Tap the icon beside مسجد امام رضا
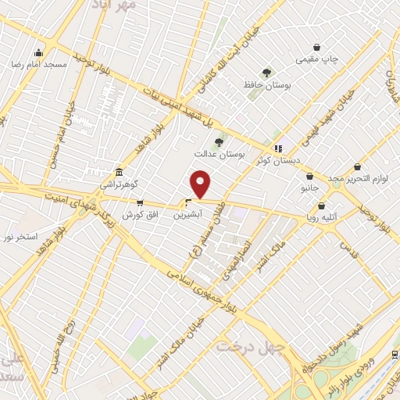coord(38,53)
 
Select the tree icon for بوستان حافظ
coord(266,72)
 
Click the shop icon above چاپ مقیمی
coord(317,48)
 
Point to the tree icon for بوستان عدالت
coord(219,142)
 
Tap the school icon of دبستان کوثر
coord(277,148)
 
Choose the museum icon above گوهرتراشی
coord(118,172)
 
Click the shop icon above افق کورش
coord(140,203)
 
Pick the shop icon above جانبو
coord(310,177)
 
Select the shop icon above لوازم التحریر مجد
coord(357,167)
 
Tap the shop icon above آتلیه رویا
coord(320,205)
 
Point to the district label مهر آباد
coord(118,6)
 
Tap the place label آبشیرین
coord(189,212)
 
